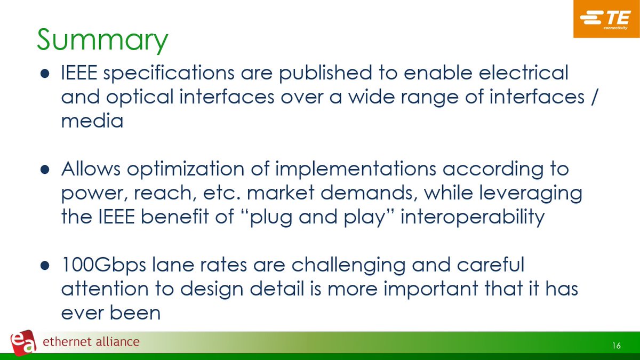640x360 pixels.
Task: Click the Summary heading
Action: pos(102,41)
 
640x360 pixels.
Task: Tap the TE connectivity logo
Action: pos(606,20)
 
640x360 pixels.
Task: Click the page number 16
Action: pos(616,346)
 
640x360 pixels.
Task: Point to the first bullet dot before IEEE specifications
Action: pos(45,74)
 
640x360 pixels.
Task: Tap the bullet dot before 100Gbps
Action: pos(45,266)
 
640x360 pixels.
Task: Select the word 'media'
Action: pos(92,121)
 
